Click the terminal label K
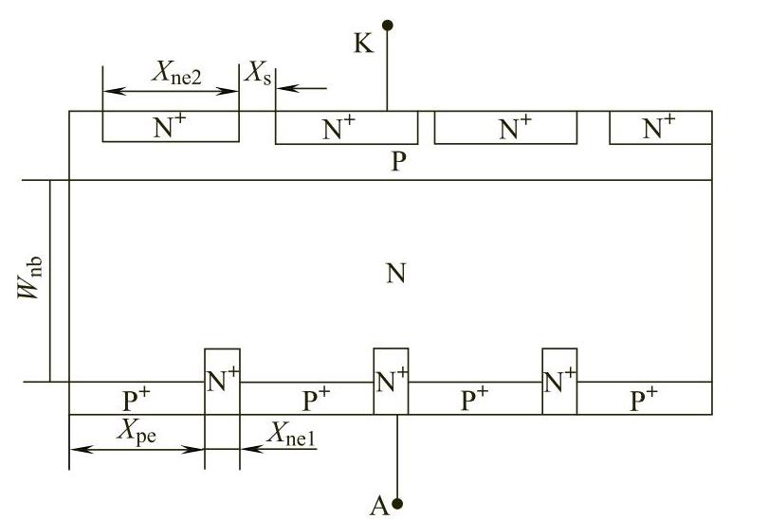click(x=363, y=45)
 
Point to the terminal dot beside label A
click(x=397, y=503)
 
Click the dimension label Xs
click(x=258, y=74)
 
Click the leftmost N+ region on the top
click(x=170, y=128)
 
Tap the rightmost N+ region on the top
click(x=660, y=128)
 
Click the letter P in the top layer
click(x=398, y=161)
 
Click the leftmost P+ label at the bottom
click(x=136, y=398)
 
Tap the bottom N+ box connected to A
click(x=392, y=381)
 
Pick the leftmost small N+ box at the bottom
click(x=222, y=381)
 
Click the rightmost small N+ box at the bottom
click(x=559, y=381)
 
